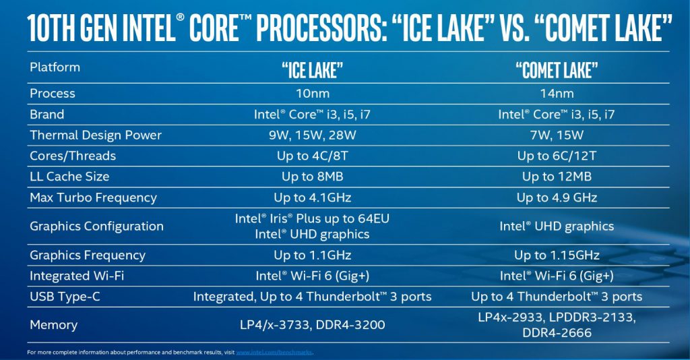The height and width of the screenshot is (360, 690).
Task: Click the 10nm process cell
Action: pyautogui.click(x=313, y=93)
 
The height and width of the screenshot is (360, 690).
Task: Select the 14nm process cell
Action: pyautogui.click(x=557, y=93)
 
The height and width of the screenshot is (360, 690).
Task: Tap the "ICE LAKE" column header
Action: pyautogui.click(x=313, y=70)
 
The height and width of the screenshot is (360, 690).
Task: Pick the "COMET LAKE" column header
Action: pyautogui.click(x=557, y=70)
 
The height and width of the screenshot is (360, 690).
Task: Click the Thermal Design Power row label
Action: pyautogui.click(x=96, y=135)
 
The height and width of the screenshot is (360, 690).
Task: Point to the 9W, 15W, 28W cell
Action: pyautogui.click(x=313, y=135)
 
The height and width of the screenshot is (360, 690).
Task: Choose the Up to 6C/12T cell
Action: pyautogui.click(x=557, y=156)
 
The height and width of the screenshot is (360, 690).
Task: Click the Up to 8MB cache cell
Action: pyautogui.click(x=313, y=177)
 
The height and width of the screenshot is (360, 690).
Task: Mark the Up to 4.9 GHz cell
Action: pyautogui.click(x=557, y=198)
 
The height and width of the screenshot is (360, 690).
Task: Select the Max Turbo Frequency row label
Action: pyautogui.click(x=93, y=198)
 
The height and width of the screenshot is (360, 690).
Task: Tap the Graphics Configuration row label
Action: pyautogui.click(x=96, y=227)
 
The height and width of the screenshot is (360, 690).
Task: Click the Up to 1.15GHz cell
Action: pyautogui.click(x=557, y=256)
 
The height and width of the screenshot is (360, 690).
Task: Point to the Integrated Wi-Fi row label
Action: pyautogui.click(x=77, y=276)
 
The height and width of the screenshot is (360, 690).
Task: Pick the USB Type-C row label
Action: pyautogui.click(x=65, y=297)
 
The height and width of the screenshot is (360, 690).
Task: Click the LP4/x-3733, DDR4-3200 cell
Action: pyautogui.click(x=313, y=325)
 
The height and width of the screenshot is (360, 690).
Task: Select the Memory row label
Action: pyautogui.click(x=54, y=325)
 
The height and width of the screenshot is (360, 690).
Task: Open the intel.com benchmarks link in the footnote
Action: pyautogui.click(x=274, y=353)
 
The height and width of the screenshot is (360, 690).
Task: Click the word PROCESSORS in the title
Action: pyautogui.click(x=319, y=28)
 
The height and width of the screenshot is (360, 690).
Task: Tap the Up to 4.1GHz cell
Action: pyautogui.click(x=313, y=198)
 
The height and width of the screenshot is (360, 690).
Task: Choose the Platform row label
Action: pyautogui.click(x=55, y=67)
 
